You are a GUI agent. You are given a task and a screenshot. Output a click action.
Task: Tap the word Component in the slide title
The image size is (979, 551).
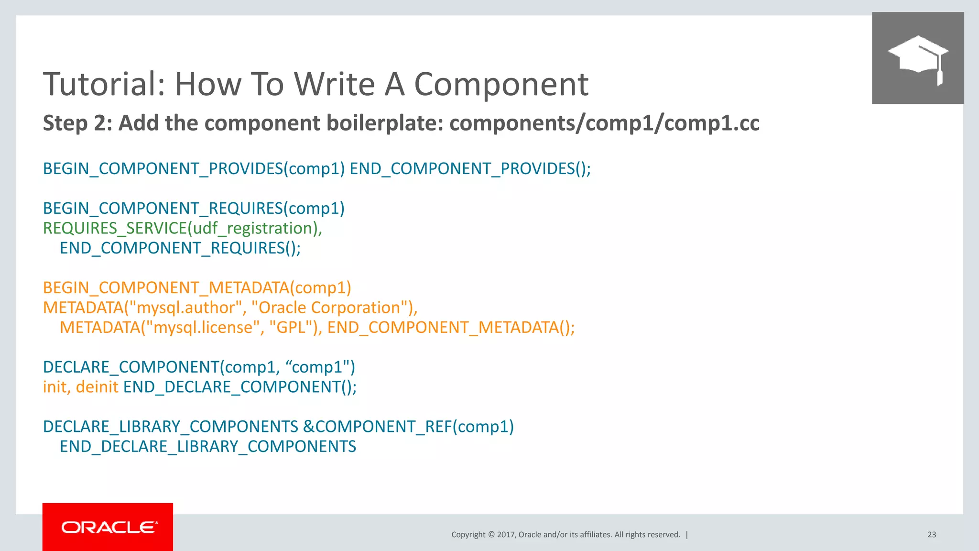tap(501, 84)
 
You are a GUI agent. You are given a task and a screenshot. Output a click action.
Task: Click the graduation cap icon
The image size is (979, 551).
tap(918, 58)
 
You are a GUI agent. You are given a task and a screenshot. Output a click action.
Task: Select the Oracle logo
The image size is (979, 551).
tap(108, 527)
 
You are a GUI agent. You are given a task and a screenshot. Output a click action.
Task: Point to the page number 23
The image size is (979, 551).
tap(932, 535)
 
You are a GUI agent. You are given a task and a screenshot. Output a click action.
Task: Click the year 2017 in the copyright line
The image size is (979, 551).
tap(506, 535)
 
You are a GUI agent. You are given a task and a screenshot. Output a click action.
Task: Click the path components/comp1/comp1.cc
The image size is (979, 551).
tap(604, 123)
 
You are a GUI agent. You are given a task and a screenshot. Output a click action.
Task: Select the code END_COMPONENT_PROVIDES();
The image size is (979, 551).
tap(470, 169)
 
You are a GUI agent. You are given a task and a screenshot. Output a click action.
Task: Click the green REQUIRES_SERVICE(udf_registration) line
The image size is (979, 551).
tap(183, 228)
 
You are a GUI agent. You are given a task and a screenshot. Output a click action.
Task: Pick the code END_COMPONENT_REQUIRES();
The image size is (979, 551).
tap(180, 248)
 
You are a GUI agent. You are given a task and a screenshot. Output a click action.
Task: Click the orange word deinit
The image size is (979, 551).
tap(97, 387)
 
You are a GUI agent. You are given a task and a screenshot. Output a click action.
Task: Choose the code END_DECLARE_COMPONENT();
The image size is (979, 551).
tap(240, 387)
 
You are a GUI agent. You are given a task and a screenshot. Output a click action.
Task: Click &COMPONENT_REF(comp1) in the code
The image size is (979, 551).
tap(408, 427)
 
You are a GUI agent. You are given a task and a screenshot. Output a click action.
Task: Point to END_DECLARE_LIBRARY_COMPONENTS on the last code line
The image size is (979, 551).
tap(208, 447)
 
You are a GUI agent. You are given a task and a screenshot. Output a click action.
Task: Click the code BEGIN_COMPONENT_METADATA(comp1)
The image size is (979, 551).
tap(197, 288)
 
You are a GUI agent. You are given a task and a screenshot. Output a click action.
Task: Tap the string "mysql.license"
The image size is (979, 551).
tap(202, 328)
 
